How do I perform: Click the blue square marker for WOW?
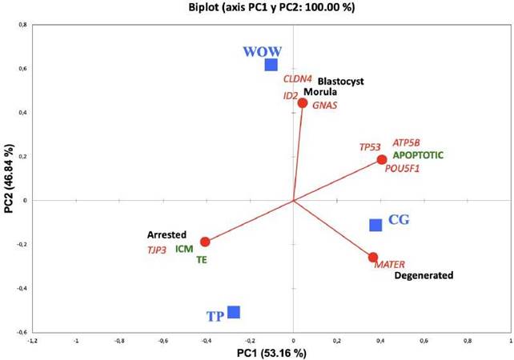click(x=271, y=65)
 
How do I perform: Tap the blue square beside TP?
click(x=234, y=312)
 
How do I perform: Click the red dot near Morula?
click(x=303, y=102)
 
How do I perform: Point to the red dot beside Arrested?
click(x=205, y=242)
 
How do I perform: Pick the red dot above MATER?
click(x=373, y=257)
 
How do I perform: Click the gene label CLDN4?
click(x=295, y=79)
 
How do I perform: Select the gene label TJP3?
click(x=156, y=250)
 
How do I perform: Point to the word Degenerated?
click(x=424, y=276)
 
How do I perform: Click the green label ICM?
click(x=184, y=249)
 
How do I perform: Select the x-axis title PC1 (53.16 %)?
click(x=271, y=352)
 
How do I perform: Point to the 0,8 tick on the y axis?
click(x=23, y=26)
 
